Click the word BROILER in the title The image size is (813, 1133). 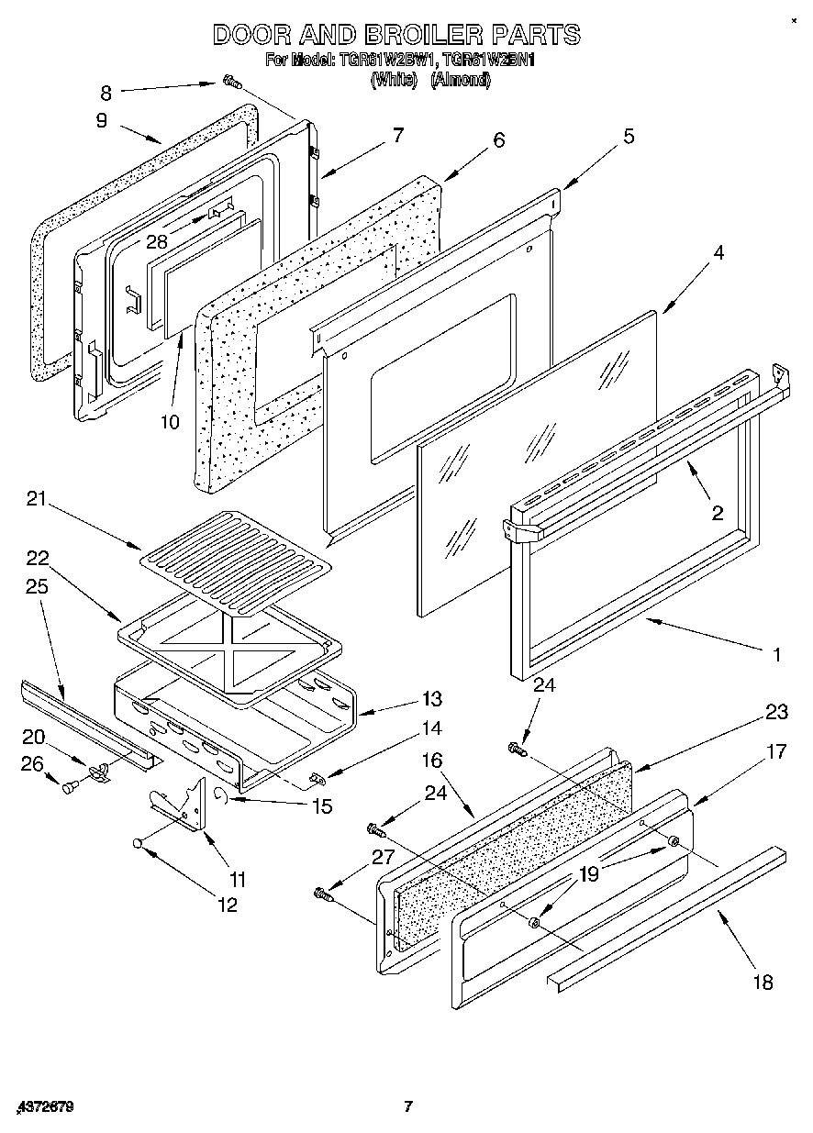[410, 35]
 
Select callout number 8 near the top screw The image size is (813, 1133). [106, 92]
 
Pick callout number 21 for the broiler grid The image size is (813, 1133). [37, 500]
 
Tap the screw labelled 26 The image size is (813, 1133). [70, 786]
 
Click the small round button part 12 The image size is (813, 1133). [137, 842]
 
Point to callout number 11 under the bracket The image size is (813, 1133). [238, 880]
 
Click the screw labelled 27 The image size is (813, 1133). [322, 891]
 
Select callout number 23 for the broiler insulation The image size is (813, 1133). [777, 711]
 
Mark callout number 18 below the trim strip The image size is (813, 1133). [763, 983]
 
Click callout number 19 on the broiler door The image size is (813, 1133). [588, 873]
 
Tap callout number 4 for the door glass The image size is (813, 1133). [718, 253]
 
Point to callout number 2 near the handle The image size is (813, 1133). [718, 512]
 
